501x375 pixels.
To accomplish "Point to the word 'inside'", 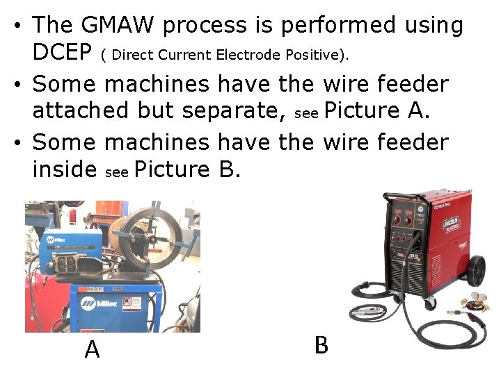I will (64, 169).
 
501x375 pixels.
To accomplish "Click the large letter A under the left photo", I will (92, 349).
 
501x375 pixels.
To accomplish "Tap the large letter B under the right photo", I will (321, 344).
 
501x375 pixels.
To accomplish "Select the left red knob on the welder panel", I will (399, 219).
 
